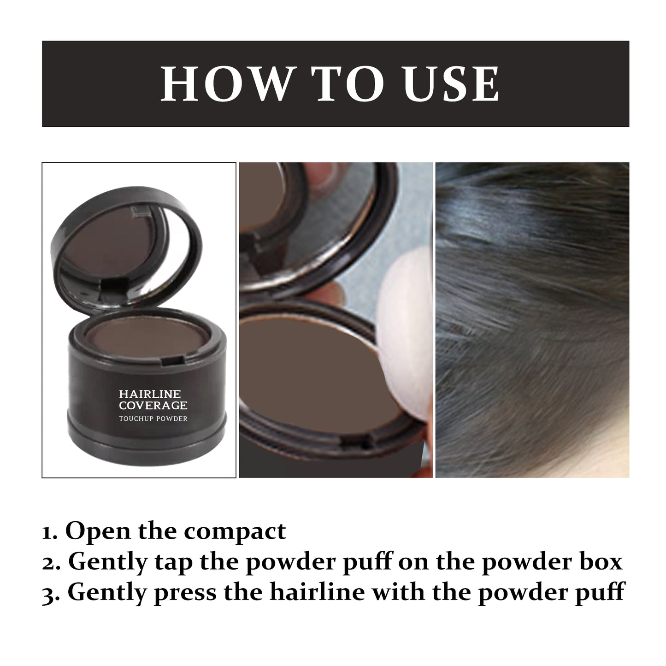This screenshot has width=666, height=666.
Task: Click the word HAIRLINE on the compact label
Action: click(x=150, y=394)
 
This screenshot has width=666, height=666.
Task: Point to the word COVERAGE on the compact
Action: click(x=153, y=406)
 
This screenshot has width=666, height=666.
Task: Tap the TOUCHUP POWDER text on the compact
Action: click(x=153, y=418)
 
